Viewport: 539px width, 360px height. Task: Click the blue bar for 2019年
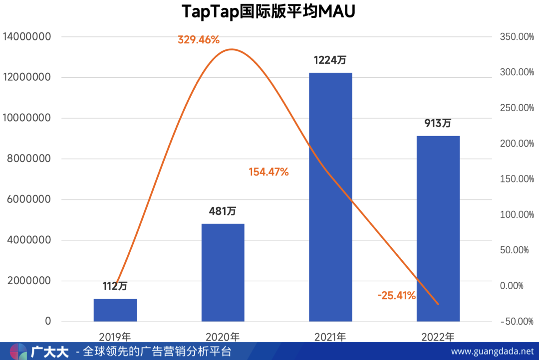115,310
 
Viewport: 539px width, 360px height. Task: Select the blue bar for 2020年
223,272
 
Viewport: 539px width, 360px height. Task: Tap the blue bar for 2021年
330,197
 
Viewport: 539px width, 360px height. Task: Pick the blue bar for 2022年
438,228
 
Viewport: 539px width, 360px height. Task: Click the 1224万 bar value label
330,60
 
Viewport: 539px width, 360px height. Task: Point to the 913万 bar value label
438,123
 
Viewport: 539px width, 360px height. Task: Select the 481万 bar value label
223,211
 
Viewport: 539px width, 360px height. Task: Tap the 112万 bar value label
115,286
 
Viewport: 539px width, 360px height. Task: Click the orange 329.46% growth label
199,40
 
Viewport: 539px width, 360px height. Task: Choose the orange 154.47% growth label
269,173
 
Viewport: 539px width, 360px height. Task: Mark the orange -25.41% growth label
397,296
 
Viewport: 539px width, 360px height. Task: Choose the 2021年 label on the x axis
330,337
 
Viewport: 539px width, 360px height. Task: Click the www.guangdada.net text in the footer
492,352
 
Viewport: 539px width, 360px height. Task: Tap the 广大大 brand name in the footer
50,352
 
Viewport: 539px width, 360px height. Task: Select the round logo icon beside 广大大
19,352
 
